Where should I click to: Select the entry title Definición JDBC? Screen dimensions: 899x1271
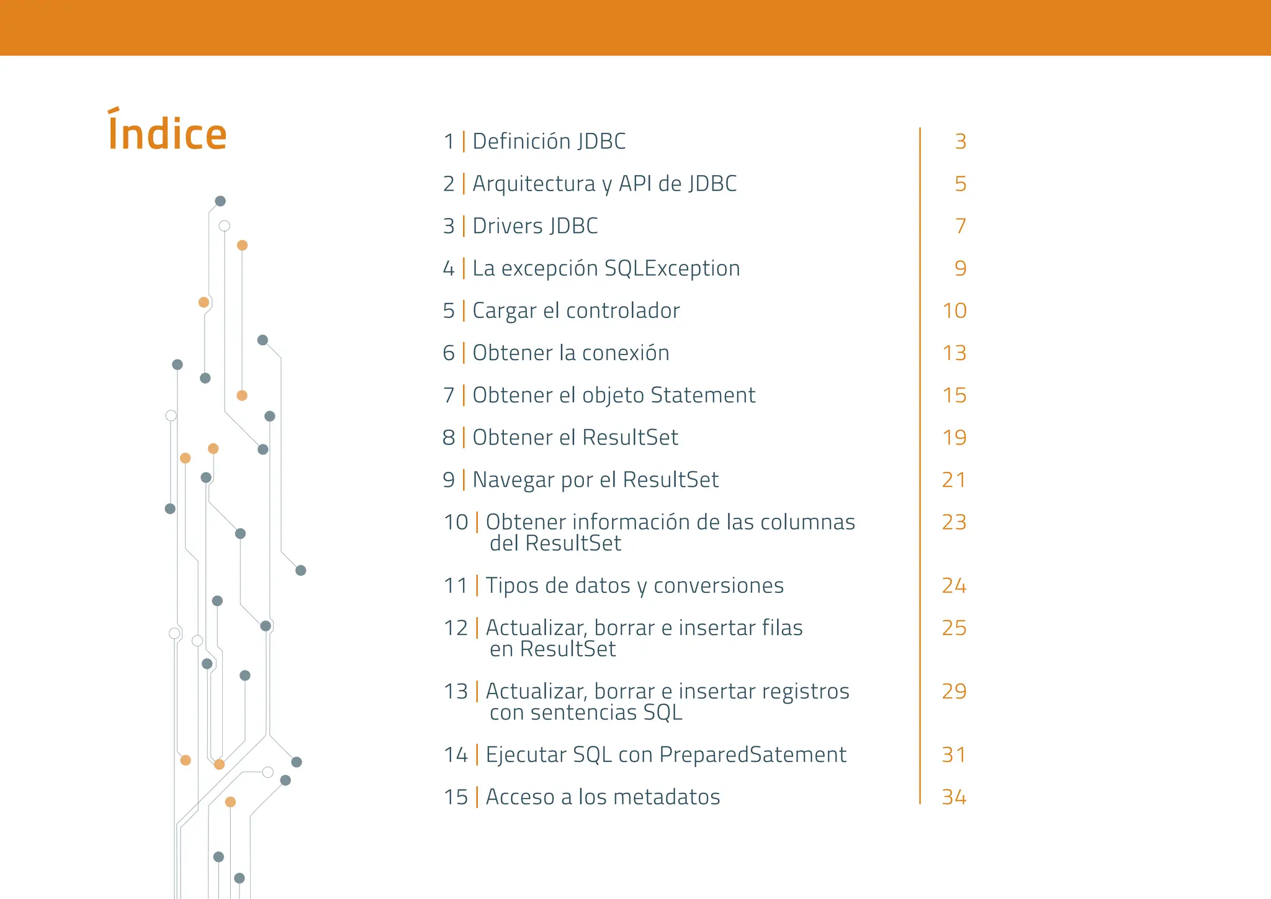[549, 142]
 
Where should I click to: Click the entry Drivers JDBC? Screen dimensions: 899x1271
[535, 226]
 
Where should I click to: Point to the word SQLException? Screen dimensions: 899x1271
[672, 269]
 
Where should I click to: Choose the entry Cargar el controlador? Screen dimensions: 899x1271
[576, 310]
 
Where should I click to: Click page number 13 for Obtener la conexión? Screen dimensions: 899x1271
[954, 353]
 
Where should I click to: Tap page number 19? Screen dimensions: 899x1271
[954, 438]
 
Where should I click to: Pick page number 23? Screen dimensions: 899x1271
[954, 522]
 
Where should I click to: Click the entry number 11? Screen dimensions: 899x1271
[456, 585]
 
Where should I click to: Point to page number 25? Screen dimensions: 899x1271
[954, 628]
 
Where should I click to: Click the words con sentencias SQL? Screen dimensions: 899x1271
[586, 712]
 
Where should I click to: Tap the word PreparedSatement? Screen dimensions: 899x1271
[752, 755]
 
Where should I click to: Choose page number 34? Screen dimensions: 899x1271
[954, 797]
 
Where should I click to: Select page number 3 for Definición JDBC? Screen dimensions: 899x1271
[960, 142]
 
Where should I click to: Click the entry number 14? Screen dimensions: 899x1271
[456, 755]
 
